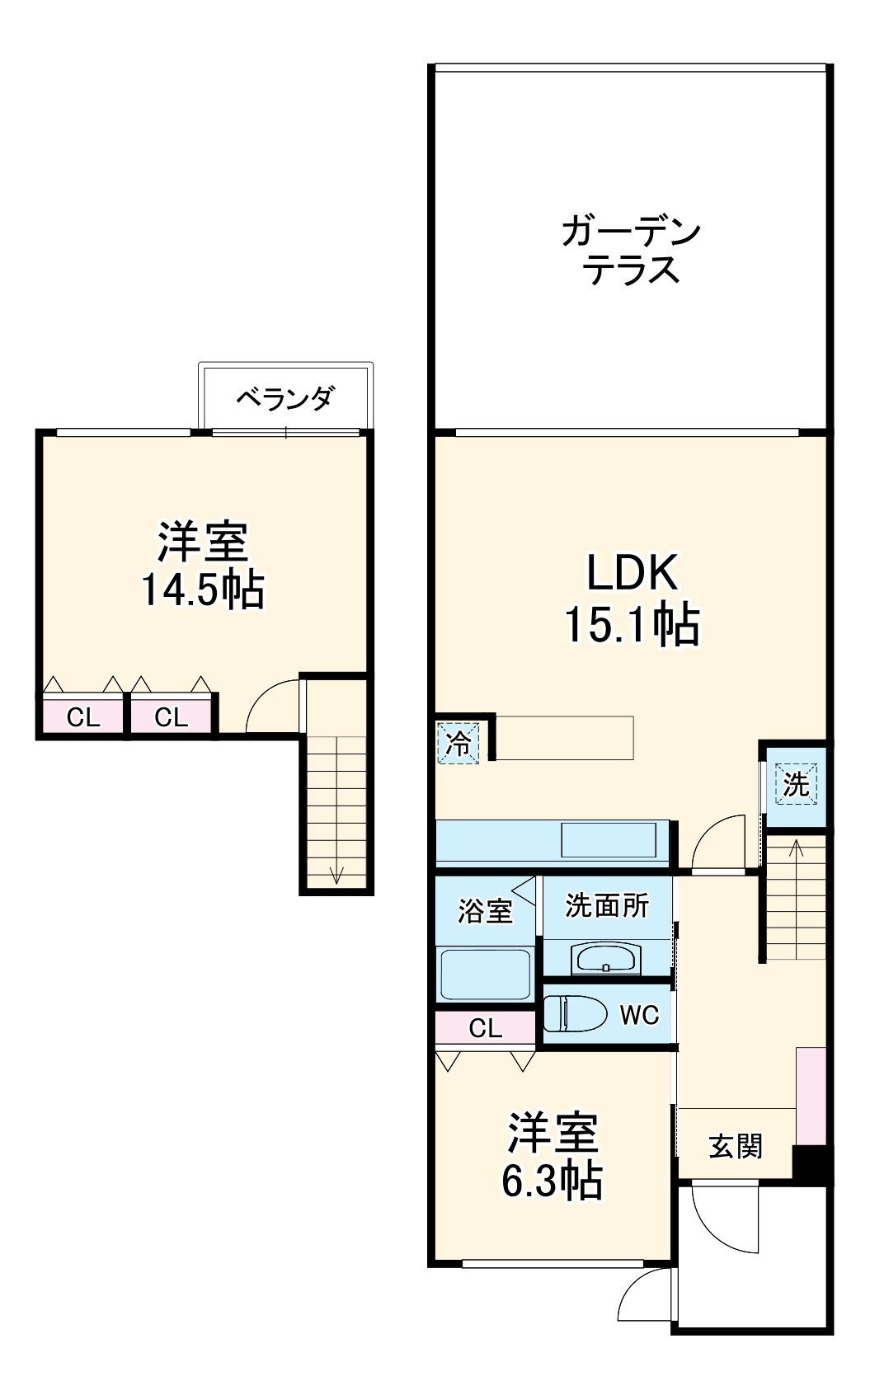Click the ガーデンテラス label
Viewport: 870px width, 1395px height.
point(631,251)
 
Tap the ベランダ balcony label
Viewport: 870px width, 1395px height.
point(285,398)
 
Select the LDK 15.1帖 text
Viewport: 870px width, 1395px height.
point(632,598)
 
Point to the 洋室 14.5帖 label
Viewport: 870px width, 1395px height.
point(203,565)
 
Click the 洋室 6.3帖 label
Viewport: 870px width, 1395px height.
point(553,1157)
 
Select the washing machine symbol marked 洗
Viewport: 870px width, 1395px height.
point(796,783)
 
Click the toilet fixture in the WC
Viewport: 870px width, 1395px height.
point(574,1013)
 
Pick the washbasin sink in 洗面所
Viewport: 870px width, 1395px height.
point(605,960)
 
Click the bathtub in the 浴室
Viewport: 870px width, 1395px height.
point(485,975)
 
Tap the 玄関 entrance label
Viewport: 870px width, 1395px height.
point(736,1146)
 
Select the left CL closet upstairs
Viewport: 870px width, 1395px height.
point(82,717)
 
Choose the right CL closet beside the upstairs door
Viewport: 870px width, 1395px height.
point(172,717)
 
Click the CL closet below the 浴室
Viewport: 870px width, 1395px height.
point(485,1028)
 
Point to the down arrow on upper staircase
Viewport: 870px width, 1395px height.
point(336,874)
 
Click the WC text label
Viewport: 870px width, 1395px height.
point(640,1015)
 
